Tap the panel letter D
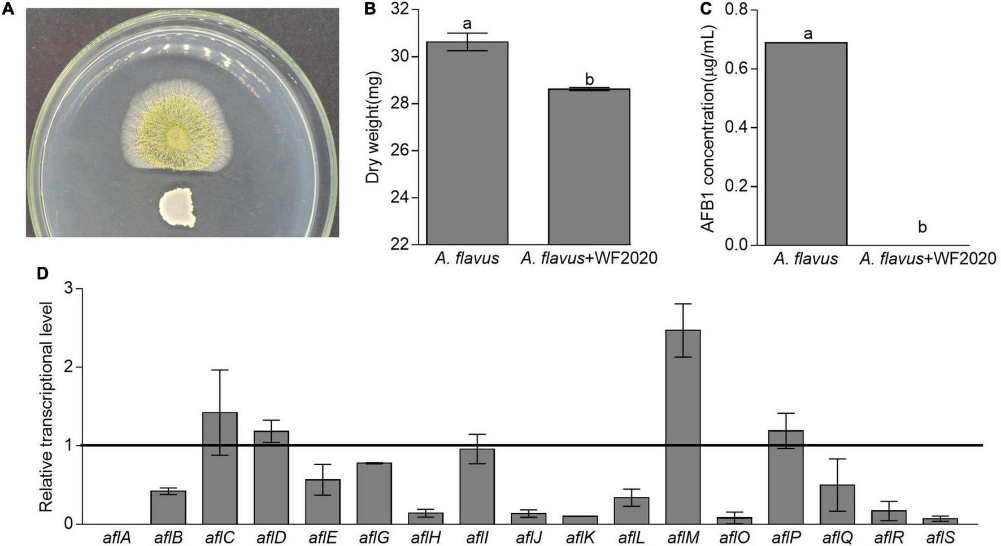(42, 274)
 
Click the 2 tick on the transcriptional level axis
(69, 367)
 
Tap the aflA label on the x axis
(116, 538)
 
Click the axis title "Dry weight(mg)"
(373, 127)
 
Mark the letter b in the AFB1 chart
(922, 227)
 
